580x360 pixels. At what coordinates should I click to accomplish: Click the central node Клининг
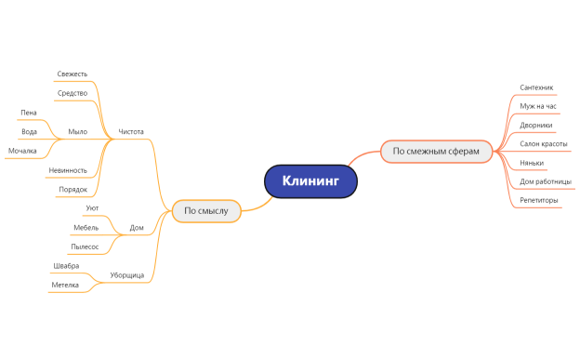pyautogui.click(x=310, y=181)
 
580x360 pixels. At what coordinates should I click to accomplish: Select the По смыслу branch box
pyautogui.click(x=206, y=211)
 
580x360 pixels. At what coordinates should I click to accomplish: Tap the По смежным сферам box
pyautogui.click(x=436, y=151)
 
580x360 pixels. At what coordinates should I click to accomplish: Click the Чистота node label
pyautogui.click(x=131, y=131)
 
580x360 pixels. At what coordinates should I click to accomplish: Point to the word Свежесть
pyautogui.click(x=72, y=73)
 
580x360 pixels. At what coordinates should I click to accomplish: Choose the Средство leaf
pyautogui.click(x=72, y=93)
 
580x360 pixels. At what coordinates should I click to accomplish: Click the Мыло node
pyautogui.click(x=78, y=131)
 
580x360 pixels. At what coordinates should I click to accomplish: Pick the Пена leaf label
pyautogui.click(x=29, y=112)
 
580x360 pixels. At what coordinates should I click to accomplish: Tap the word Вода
pyautogui.click(x=29, y=131)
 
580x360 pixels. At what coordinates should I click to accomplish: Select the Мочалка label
pyautogui.click(x=22, y=150)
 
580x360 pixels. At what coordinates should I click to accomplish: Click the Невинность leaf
pyautogui.click(x=68, y=170)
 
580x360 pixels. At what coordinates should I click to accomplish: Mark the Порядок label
pyautogui.click(x=72, y=189)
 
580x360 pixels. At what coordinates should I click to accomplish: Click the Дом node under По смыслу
pyautogui.click(x=136, y=227)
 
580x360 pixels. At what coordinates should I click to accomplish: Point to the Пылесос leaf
pyautogui.click(x=85, y=247)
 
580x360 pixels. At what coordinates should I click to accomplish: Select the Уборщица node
pyautogui.click(x=126, y=275)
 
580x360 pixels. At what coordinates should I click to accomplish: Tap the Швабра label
pyautogui.click(x=66, y=265)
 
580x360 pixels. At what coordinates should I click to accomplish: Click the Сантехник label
pyautogui.click(x=536, y=87)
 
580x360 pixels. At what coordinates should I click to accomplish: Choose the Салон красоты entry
pyautogui.click(x=544, y=144)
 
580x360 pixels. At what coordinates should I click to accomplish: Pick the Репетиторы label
pyautogui.click(x=540, y=200)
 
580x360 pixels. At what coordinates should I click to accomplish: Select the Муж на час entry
pyautogui.click(x=538, y=106)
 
